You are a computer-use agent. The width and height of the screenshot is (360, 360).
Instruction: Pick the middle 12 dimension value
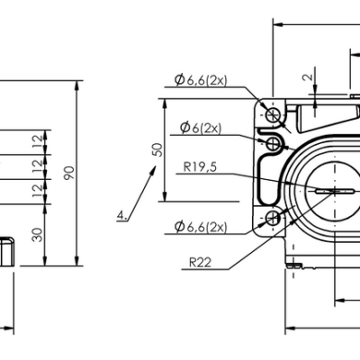click(37, 166)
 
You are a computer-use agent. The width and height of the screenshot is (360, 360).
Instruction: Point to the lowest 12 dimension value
click(37, 190)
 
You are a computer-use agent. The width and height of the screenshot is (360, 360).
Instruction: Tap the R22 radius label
click(201, 263)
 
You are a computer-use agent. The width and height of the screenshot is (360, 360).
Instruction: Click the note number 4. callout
click(122, 215)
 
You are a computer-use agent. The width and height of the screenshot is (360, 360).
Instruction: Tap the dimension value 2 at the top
click(308, 78)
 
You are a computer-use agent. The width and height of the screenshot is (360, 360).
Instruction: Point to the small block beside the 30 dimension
click(6, 252)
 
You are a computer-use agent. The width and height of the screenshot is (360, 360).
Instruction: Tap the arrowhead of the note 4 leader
click(149, 178)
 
